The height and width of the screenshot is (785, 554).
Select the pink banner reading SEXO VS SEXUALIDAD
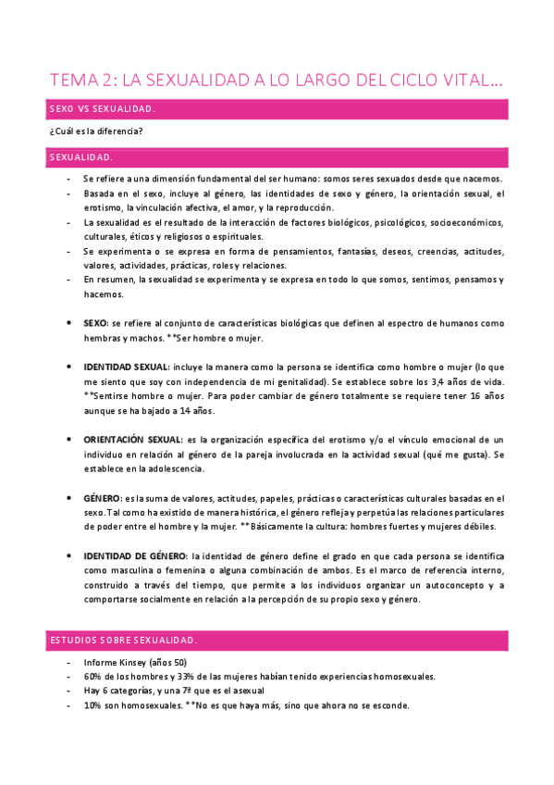[277, 110]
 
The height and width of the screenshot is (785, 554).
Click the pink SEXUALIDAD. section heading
[277, 157]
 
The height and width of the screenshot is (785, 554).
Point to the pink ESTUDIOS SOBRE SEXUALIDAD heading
[277, 640]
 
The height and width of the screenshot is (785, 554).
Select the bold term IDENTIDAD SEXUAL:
[126, 367]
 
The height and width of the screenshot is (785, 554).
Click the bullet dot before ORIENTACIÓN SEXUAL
[71, 438]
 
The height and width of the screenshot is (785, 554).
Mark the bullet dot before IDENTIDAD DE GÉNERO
[71, 556]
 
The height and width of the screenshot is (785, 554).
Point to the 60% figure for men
[93, 676]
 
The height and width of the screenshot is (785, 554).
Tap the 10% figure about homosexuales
[93, 705]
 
